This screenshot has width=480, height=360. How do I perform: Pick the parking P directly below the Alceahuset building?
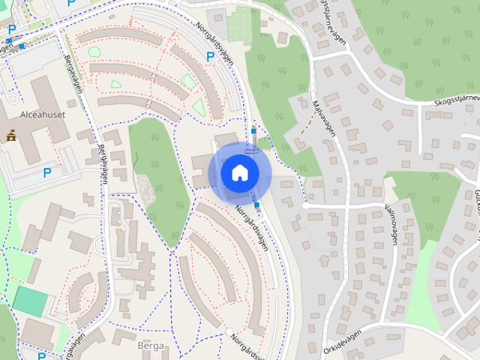(48, 173)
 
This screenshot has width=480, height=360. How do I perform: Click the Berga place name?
(151, 346)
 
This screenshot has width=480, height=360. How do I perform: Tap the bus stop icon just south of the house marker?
(258, 205)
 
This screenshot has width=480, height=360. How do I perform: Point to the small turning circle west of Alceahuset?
(12, 98)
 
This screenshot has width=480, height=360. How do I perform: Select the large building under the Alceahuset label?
(37, 139)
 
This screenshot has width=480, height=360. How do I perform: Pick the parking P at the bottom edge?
(42, 355)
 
